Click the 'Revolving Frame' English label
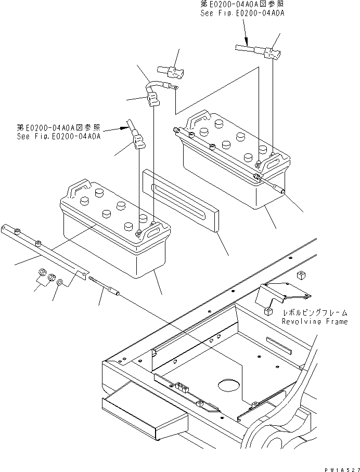(314, 322)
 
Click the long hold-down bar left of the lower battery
(44, 248)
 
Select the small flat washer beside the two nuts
(61, 282)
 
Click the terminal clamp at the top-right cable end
(273, 53)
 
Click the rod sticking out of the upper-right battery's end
(273, 186)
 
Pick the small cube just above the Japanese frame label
(268, 311)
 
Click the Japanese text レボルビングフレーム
(314, 313)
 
